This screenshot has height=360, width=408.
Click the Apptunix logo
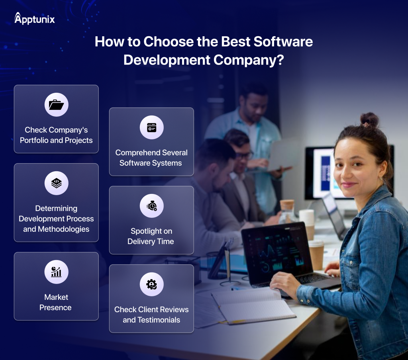pyautogui.click(x=34, y=18)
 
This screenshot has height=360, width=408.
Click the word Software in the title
pyautogui.click(x=283, y=42)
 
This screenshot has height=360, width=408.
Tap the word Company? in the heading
pyautogui.click(x=249, y=60)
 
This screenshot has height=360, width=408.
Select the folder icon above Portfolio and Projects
pyautogui.click(x=57, y=105)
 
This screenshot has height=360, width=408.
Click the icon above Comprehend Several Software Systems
pyautogui.click(x=152, y=127)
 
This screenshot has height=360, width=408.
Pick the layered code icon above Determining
pyautogui.click(x=57, y=183)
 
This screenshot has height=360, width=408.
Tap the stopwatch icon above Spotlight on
pyautogui.click(x=152, y=206)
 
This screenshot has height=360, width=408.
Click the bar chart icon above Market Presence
pyautogui.click(x=56, y=272)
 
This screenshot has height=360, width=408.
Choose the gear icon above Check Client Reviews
pyautogui.click(x=151, y=284)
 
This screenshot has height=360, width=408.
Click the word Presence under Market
pyautogui.click(x=55, y=308)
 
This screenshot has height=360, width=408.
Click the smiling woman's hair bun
pyautogui.click(x=369, y=119)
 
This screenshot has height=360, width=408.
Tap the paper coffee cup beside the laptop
pyautogui.click(x=316, y=255)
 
